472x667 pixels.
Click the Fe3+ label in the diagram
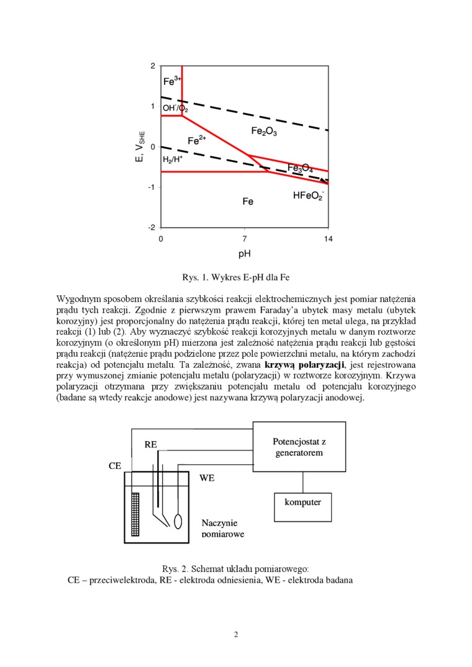pos(172,81)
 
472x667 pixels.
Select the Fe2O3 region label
pos(264,131)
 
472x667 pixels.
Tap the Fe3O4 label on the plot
pos(300,168)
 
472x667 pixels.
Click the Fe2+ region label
pos(197,141)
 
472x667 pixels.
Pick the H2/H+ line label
pos(173,159)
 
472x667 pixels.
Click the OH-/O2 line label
pos(175,109)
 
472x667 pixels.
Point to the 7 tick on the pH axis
pos(245,239)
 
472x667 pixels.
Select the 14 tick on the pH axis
pos(329,239)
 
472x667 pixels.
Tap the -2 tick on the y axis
pos(152,228)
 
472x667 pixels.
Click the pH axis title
pos(245,254)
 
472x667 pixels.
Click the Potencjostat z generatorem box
pos(299,447)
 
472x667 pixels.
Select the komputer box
pos(303,502)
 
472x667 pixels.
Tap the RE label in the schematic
pos(151,444)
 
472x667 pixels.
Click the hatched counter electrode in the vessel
pos(136,511)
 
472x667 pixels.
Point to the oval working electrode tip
pos(178,521)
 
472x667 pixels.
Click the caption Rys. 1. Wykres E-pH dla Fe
pos(236,277)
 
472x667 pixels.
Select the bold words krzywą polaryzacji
pos(305,364)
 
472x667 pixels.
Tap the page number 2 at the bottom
pos(236,634)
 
